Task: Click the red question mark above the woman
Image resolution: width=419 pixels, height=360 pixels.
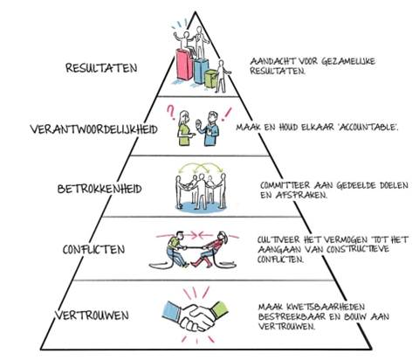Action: (x=173, y=113)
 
